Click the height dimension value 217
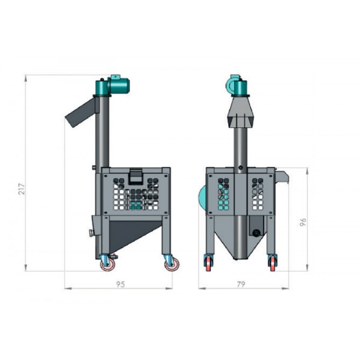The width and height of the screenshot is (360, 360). tap(22, 189)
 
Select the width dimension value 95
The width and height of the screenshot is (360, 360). tap(120, 284)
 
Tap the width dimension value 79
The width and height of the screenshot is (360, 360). tap(241, 284)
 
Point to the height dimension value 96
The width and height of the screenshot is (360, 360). tap(303, 222)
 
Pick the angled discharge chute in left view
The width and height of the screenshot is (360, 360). tap(81, 113)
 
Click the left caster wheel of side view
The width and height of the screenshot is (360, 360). tap(107, 265)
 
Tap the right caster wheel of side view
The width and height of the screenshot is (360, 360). tap(172, 265)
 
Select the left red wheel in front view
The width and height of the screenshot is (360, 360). tap(208, 264)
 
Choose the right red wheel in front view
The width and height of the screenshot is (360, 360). tap(272, 264)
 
